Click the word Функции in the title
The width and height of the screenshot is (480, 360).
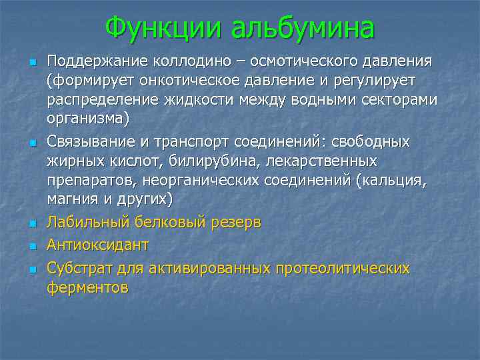click(x=164, y=28)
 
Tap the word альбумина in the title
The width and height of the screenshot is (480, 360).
click(x=302, y=28)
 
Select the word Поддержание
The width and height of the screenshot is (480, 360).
click(x=97, y=62)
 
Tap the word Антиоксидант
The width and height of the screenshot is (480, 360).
click(x=97, y=245)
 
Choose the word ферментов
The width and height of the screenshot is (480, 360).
click(x=87, y=287)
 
